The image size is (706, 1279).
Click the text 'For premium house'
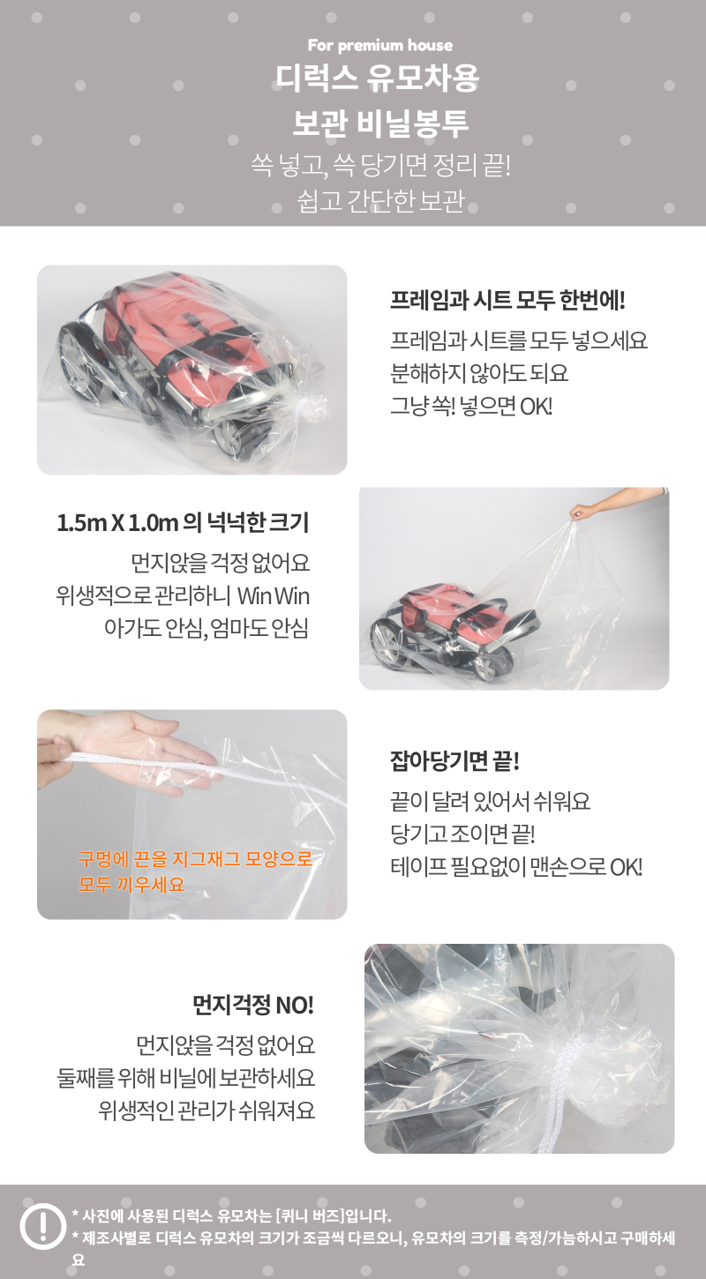pyautogui.click(x=379, y=45)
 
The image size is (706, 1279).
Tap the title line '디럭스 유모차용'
pyautogui.click(x=377, y=79)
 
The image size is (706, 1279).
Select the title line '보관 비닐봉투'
pyautogui.click(x=379, y=123)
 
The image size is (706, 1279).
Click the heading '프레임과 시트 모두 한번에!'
pyautogui.click(x=507, y=300)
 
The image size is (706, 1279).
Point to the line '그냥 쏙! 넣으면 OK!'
pyautogui.click(x=471, y=406)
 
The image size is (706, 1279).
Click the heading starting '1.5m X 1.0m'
pyautogui.click(x=183, y=522)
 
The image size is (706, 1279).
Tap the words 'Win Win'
pyautogui.click(x=274, y=595)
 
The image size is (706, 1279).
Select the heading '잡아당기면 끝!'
pyautogui.click(x=454, y=760)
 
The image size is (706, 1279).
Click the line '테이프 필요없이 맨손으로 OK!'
pyautogui.click(x=516, y=867)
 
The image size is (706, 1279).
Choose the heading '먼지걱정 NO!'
pyautogui.click(x=253, y=1005)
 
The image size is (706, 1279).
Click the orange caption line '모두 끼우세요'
pyautogui.click(x=131, y=885)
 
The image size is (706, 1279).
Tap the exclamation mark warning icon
pyautogui.click(x=43, y=1225)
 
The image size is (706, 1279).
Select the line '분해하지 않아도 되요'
pyautogui.click(x=479, y=373)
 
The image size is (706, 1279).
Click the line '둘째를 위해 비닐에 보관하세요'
pyautogui.click(x=186, y=1077)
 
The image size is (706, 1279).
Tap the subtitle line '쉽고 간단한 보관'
pyautogui.click(x=380, y=200)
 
